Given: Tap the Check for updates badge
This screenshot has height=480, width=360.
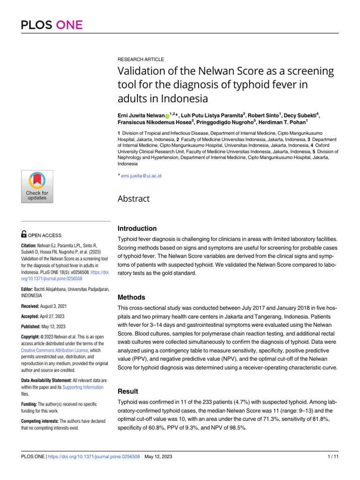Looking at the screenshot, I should pos(37,187).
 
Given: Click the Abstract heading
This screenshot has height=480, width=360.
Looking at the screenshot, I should pos(134,199).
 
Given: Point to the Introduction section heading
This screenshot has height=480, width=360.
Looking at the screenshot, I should pos(137,229).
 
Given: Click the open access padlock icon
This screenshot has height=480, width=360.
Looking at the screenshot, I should pos(24,235).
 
